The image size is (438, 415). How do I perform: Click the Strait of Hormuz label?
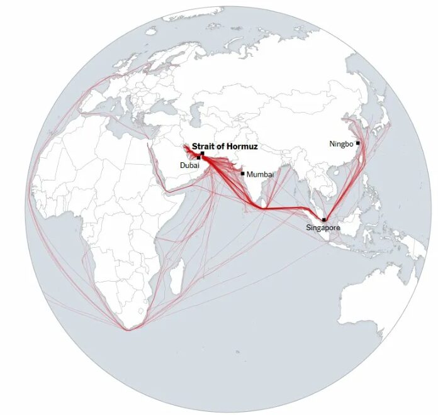click(x=225, y=146)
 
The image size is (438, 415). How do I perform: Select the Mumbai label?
click(x=260, y=174)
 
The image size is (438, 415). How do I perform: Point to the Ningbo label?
click(x=341, y=144)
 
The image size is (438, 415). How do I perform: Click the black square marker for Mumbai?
click(x=242, y=174)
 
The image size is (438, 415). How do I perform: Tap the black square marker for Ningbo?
click(x=357, y=143)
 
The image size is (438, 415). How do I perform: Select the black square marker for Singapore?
click(x=324, y=219)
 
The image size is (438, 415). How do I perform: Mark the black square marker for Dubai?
click(x=199, y=158)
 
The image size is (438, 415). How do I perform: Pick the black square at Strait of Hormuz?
click(x=203, y=153)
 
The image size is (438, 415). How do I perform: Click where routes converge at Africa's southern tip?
click(x=128, y=329)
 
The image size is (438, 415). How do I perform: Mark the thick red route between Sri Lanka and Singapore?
click(x=289, y=207)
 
